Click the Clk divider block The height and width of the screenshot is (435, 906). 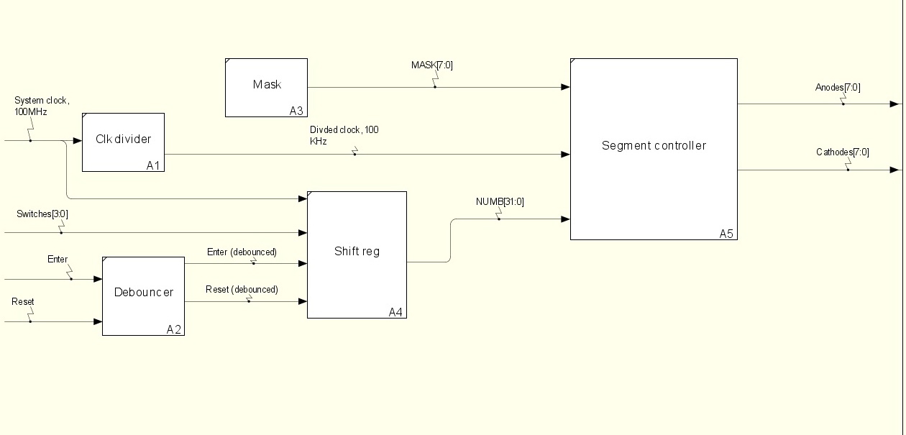click(x=123, y=142)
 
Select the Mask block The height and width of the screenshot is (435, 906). click(x=266, y=87)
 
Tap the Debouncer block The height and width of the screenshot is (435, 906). click(x=143, y=296)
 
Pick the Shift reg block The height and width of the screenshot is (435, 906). click(x=357, y=254)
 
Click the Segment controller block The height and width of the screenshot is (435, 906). click(x=654, y=148)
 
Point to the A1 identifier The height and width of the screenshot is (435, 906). click(x=153, y=165)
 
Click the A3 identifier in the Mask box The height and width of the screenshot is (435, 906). click(x=296, y=110)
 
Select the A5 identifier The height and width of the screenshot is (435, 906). click(x=727, y=234)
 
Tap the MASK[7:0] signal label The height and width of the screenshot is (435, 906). click(x=431, y=65)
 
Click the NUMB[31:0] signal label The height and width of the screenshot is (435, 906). click(x=500, y=202)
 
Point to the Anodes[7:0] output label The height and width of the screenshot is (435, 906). click(x=838, y=88)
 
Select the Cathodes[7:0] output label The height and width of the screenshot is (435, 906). click(x=843, y=152)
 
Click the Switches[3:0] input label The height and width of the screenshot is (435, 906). click(x=42, y=214)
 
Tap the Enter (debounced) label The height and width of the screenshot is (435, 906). click(x=242, y=252)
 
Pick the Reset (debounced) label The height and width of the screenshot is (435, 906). click(x=242, y=290)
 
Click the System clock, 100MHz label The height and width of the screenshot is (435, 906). click(x=42, y=106)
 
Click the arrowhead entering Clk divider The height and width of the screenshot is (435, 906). click(x=78, y=140)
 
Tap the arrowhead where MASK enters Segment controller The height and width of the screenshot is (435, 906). click(x=566, y=87)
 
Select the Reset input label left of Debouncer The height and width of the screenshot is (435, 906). click(x=23, y=302)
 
